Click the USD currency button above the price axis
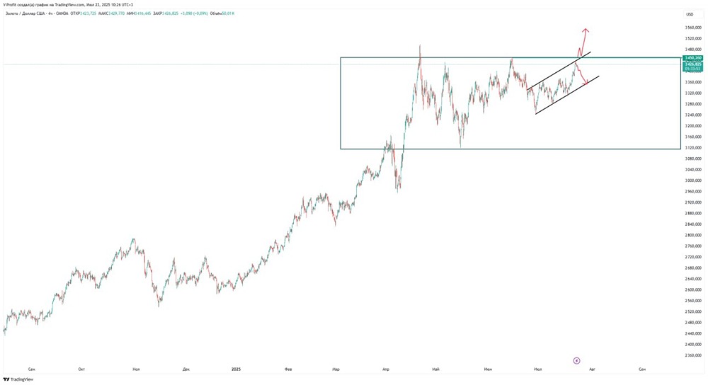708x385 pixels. click(x=690, y=14)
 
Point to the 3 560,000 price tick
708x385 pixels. click(x=694, y=28)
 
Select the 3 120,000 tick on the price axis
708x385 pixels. click(x=694, y=148)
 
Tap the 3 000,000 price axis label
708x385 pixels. click(x=694, y=180)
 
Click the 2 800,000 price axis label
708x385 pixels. click(x=694, y=235)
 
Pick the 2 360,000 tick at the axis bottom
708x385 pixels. click(x=694, y=355)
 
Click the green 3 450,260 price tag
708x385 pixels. click(x=693, y=57)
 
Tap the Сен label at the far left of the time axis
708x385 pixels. click(x=31, y=369)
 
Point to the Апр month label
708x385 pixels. click(x=386, y=369)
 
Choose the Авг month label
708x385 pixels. click(x=592, y=369)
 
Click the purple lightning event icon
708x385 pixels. click(x=576, y=360)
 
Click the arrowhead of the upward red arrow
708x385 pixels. click(x=586, y=30)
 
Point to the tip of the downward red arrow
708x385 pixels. click(x=588, y=84)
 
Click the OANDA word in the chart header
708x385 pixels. click(x=61, y=13)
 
